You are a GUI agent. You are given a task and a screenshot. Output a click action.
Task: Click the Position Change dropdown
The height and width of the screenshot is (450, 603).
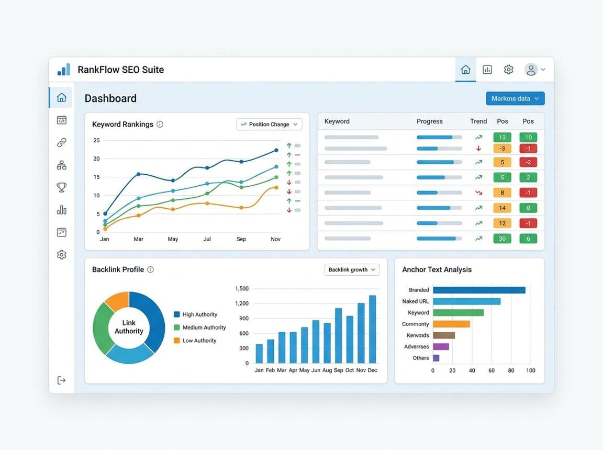(x=269, y=125)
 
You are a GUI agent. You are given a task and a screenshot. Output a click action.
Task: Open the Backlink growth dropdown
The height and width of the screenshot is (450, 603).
(x=352, y=270)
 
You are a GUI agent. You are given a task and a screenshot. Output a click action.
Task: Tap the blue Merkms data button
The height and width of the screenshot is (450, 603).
(x=515, y=98)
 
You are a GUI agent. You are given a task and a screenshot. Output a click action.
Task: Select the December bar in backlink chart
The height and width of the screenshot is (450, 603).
(x=372, y=329)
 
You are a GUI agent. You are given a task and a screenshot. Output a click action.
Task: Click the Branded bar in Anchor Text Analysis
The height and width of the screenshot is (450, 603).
(x=479, y=290)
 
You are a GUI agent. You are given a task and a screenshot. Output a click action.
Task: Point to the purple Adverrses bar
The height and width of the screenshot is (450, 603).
(x=441, y=346)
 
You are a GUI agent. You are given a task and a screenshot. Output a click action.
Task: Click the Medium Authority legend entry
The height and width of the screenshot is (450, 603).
(x=200, y=328)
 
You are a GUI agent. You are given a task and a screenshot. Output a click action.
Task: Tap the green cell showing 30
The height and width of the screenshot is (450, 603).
(x=502, y=239)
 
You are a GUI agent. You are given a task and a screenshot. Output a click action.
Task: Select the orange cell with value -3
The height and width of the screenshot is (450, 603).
(x=502, y=149)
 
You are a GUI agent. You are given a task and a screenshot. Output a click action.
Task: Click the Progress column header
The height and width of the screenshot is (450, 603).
(x=430, y=121)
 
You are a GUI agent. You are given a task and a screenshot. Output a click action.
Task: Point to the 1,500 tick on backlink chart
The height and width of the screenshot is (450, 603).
(x=242, y=289)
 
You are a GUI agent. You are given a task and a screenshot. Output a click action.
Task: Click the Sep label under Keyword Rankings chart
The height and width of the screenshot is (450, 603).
(x=241, y=239)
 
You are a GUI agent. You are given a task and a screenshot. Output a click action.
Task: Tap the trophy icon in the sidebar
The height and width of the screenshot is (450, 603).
(x=62, y=187)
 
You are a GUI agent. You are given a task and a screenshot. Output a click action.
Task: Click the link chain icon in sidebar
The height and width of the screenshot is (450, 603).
(x=62, y=142)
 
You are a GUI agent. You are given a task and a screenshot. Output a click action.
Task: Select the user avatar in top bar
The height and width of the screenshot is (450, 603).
(x=531, y=70)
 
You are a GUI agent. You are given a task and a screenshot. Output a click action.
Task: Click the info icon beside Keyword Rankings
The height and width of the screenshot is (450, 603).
(x=160, y=125)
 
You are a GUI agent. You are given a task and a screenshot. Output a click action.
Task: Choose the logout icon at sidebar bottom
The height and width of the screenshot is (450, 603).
(x=62, y=380)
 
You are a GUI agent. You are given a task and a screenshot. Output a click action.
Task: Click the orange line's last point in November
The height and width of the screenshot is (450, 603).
(x=276, y=187)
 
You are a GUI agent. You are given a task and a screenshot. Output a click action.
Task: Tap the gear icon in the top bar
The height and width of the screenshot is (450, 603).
(x=508, y=70)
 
